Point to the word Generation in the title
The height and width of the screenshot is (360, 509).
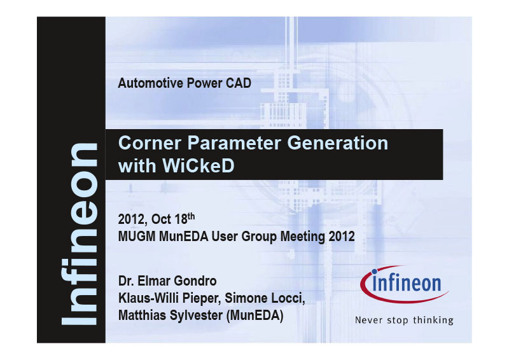click(x=338, y=143)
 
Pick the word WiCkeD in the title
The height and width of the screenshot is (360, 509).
click(x=198, y=166)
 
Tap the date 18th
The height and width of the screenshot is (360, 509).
click(x=185, y=218)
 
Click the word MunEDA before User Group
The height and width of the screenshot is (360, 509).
click(x=184, y=237)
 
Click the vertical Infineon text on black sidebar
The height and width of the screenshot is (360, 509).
click(x=80, y=234)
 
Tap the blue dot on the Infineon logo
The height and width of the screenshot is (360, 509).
click(x=374, y=272)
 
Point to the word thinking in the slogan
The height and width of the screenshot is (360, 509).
click(x=433, y=321)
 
